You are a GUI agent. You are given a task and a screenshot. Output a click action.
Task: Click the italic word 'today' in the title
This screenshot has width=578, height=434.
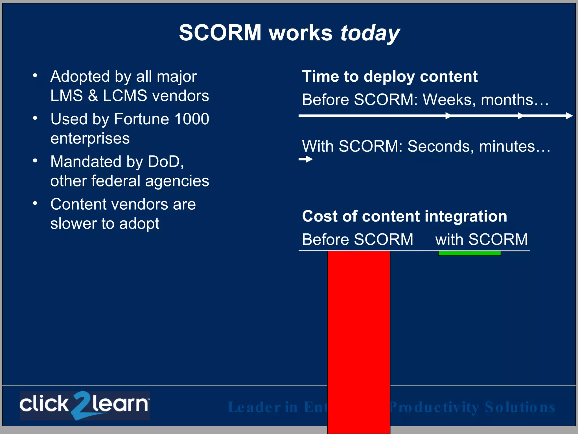(370, 33)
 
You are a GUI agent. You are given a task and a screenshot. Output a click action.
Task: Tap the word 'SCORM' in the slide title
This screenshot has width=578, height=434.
(220, 33)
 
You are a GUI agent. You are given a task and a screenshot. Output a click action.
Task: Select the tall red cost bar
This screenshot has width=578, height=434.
(359, 339)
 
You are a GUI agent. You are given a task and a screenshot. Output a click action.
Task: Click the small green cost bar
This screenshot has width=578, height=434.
(469, 253)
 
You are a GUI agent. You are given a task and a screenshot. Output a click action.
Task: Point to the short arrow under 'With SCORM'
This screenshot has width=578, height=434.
(306, 159)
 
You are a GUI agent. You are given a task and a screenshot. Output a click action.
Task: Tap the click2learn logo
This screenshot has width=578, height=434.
(85, 405)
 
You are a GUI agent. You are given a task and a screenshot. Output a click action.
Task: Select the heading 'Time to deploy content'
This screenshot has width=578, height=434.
(390, 76)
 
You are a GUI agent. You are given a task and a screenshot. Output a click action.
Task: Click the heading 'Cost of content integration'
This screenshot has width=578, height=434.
(404, 216)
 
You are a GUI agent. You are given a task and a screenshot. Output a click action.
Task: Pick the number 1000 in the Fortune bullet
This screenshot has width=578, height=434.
(192, 119)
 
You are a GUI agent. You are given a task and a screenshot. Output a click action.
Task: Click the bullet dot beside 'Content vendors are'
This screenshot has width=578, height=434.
(35, 203)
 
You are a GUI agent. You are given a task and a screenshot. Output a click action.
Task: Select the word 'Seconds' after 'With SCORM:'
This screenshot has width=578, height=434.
(441, 146)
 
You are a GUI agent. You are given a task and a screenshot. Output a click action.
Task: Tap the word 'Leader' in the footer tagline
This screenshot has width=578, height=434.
(254, 407)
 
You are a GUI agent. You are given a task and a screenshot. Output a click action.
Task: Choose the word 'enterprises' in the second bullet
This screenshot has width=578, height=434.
(90, 138)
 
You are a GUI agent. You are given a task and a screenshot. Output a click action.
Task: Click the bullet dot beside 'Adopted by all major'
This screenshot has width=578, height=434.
(35, 75)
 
